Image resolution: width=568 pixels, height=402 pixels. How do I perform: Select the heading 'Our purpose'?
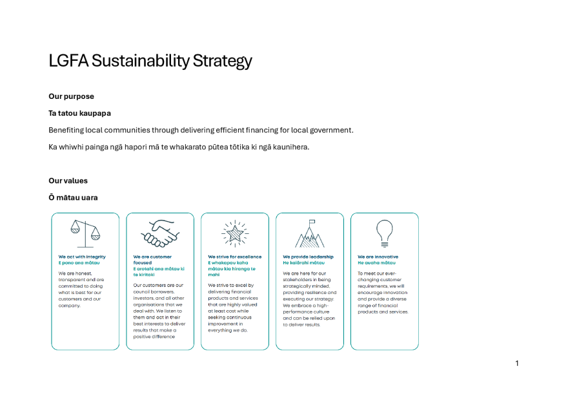(71, 96)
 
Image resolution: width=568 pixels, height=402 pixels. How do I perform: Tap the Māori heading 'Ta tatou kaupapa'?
(79, 113)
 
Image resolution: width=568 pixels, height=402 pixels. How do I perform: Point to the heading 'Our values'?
(68, 180)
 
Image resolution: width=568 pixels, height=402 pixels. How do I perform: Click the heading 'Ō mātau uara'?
(73, 197)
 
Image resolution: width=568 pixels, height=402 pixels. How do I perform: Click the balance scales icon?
(85, 233)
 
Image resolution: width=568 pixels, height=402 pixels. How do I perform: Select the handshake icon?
(160, 233)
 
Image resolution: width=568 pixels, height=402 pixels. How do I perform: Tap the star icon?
(235, 233)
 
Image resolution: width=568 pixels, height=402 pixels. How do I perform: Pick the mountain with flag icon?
(310, 233)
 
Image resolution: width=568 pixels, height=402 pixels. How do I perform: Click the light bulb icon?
(385, 233)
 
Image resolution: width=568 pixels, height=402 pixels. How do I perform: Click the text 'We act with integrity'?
(82, 257)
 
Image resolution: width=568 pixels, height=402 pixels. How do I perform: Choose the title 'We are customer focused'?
(152, 259)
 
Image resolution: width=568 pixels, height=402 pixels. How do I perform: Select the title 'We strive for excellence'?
(235, 257)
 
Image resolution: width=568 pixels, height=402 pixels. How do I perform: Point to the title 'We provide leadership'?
(308, 257)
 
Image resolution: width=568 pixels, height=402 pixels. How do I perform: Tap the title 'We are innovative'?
(378, 257)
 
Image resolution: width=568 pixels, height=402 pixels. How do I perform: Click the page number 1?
(517, 363)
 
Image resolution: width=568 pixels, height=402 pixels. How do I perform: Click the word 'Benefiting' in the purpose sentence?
(66, 130)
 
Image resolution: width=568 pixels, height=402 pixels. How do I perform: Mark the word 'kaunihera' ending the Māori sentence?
(290, 147)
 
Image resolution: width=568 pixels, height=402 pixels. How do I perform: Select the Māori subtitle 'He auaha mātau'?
(376, 262)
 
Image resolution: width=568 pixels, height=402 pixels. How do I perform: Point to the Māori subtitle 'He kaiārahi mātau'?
(303, 262)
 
